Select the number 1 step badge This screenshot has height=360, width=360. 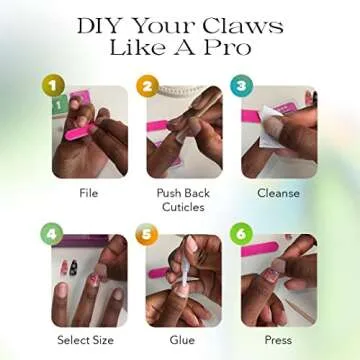(53, 86)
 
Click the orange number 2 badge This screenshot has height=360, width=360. (147, 86)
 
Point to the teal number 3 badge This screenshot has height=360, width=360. (242, 86)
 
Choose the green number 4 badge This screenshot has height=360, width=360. (52, 234)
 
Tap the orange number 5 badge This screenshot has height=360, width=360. (147, 234)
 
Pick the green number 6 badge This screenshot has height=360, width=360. (241, 234)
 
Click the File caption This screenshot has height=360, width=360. (89, 193)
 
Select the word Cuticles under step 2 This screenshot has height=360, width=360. (183, 207)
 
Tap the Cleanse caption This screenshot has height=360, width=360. (278, 193)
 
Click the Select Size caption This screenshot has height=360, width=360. (85, 340)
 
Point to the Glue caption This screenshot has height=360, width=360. (182, 340)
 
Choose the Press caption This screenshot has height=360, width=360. (278, 340)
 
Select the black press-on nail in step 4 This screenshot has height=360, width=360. (73, 267)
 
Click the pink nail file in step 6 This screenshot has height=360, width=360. (260, 249)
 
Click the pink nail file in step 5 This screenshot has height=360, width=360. (159, 273)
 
